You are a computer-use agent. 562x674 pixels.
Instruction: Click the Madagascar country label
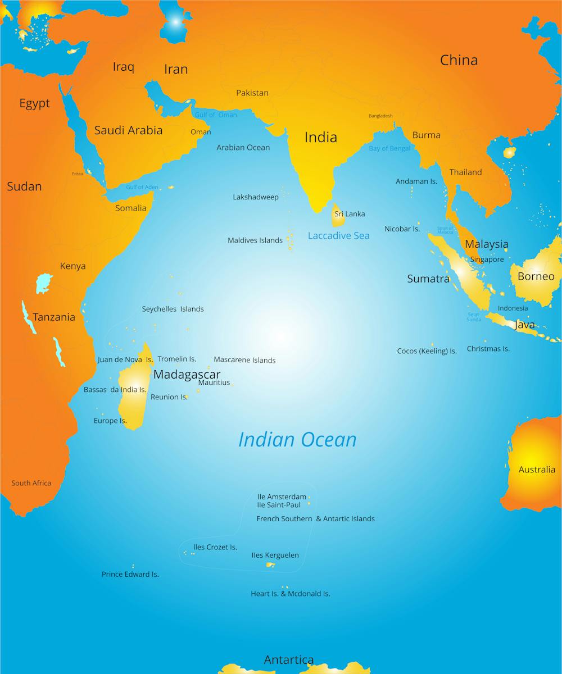(187, 374)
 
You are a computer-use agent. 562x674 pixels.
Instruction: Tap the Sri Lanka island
(338, 216)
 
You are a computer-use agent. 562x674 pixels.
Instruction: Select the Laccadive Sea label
(338, 236)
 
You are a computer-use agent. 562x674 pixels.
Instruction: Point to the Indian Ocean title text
(297, 439)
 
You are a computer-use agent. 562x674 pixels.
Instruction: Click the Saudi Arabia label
(128, 130)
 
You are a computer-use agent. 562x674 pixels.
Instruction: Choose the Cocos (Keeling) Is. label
(427, 351)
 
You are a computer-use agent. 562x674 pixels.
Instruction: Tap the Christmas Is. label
(488, 349)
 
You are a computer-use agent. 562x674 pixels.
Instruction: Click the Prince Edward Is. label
(130, 575)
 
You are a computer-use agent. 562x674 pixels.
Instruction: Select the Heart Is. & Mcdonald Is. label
(290, 594)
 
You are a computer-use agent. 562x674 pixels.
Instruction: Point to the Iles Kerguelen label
(275, 555)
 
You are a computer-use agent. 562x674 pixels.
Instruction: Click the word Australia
(536, 470)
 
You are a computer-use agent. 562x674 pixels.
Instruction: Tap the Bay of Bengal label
(389, 149)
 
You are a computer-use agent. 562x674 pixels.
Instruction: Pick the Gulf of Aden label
(142, 187)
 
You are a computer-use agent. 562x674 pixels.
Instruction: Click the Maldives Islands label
(255, 240)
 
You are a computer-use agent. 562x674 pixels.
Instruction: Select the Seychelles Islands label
(173, 309)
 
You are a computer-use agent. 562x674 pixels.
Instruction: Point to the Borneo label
(536, 276)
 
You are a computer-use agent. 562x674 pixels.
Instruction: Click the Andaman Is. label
(416, 181)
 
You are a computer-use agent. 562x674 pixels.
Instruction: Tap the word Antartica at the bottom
(289, 660)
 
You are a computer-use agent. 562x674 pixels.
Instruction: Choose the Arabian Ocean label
(243, 148)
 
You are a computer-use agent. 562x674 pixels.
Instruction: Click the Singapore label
(487, 259)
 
